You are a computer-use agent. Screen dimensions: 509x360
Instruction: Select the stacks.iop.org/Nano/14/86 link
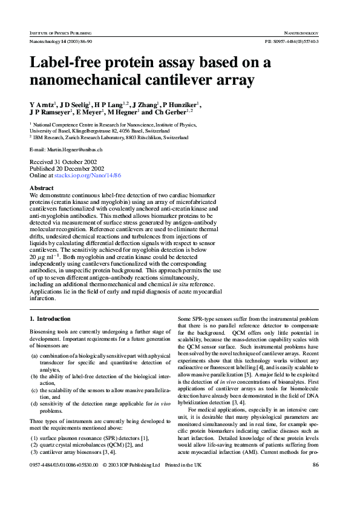pyautogui.click(x=88, y=175)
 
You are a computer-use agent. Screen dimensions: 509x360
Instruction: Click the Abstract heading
pyautogui.click(x=42, y=188)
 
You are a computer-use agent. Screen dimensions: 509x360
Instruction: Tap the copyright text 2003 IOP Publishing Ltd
pyautogui.click(x=134, y=482)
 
